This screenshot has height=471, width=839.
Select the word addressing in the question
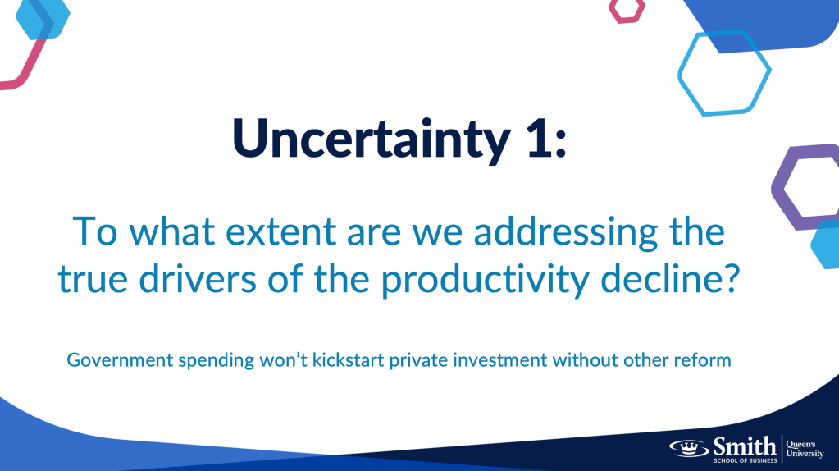[x=566, y=233]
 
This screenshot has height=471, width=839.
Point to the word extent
[x=280, y=232]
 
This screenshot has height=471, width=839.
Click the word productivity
[x=486, y=280]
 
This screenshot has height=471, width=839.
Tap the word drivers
[x=198, y=278]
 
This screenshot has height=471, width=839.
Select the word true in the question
[x=93, y=279]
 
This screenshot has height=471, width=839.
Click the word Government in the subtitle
[x=120, y=359]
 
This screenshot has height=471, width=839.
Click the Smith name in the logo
[x=745, y=446]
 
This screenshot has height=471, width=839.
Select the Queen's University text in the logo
[x=805, y=449]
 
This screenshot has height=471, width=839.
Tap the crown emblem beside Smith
[x=689, y=447]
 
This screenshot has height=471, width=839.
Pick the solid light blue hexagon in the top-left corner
[x=43, y=19]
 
